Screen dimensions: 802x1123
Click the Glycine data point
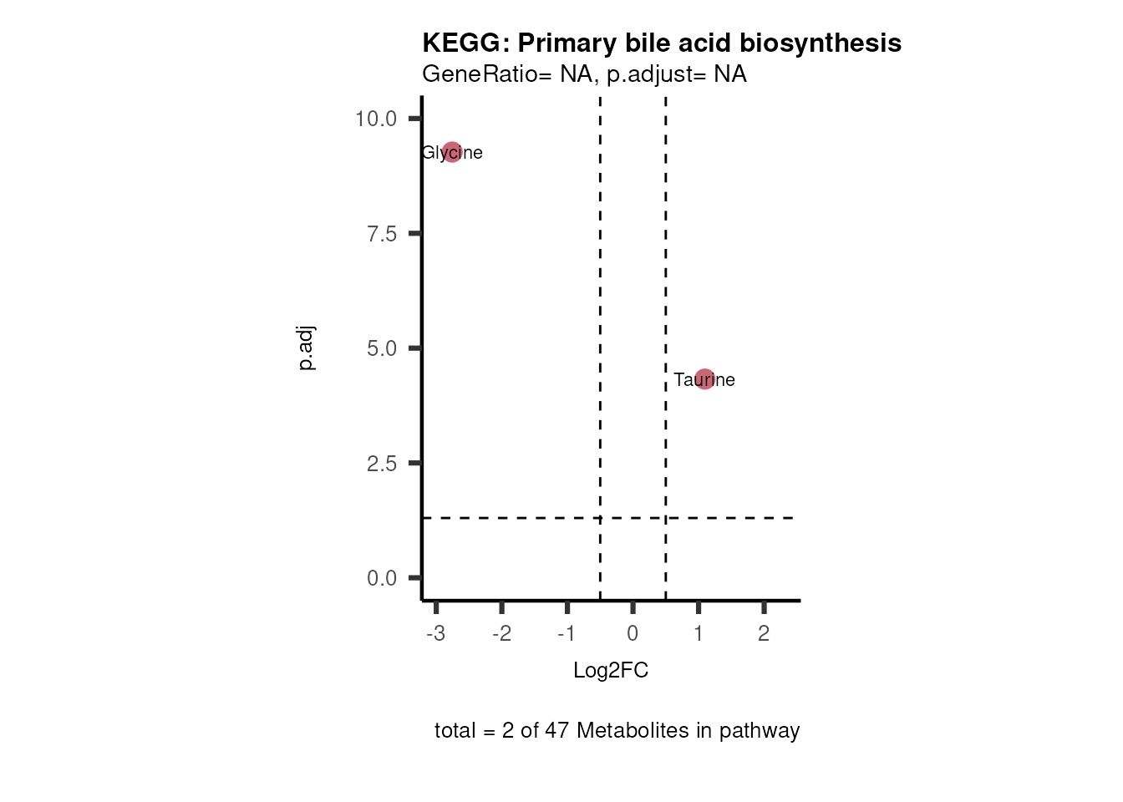pos(452,152)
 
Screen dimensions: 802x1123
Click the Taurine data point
pos(704,379)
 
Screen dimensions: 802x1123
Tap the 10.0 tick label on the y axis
pos(376,119)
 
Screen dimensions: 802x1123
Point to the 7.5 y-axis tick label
pos(382,234)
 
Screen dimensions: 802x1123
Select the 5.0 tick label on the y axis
pos(382,348)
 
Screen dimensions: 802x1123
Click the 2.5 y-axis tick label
pos(382,464)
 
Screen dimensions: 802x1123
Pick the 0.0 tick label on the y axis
pos(382,578)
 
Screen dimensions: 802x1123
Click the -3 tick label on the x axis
pos(435,633)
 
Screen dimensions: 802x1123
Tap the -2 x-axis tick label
pos(501,633)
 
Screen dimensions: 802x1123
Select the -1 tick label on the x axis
pos(567,633)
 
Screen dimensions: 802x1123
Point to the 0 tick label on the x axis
pos(633,633)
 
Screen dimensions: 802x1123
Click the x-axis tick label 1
pos(699,633)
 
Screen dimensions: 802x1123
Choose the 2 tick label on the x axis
pos(764,633)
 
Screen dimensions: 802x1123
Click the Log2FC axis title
pos(611,670)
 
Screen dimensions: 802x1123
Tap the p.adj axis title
pos(307,348)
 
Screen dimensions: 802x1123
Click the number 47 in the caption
pos(557,730)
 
